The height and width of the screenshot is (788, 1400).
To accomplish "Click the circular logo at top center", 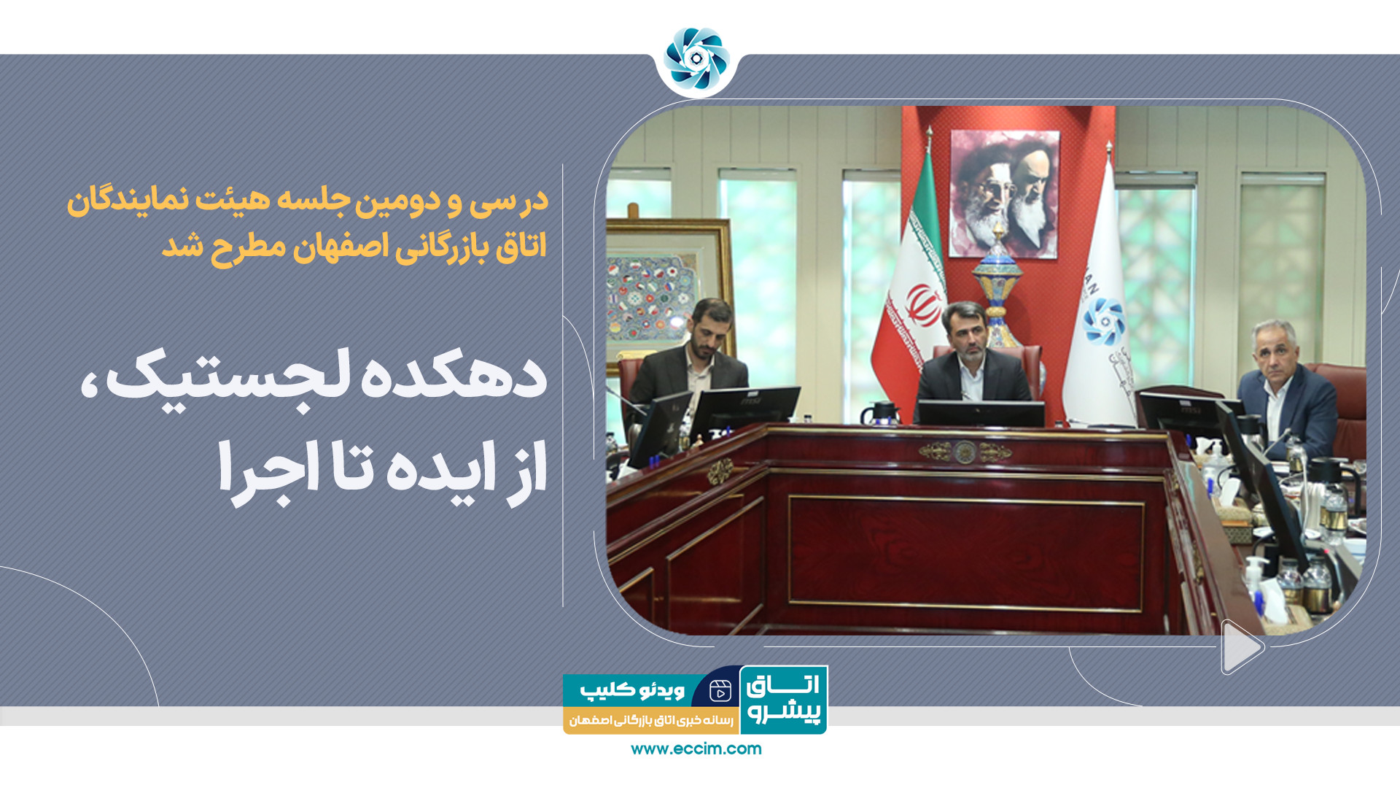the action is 696,59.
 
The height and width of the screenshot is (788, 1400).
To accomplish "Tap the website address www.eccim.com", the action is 696,749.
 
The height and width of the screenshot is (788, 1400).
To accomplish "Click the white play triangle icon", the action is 1242,647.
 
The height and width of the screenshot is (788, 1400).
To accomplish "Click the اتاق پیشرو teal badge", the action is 784,700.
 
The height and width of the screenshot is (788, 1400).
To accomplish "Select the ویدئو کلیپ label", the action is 632,689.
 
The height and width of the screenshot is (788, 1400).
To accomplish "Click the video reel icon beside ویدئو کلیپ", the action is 720,690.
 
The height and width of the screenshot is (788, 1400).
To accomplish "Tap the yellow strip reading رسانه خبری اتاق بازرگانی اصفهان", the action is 651,721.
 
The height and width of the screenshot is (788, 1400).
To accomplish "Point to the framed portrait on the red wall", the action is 1004,193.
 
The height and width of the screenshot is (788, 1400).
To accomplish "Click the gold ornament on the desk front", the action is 965,452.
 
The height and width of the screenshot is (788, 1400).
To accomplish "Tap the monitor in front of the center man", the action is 981,414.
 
